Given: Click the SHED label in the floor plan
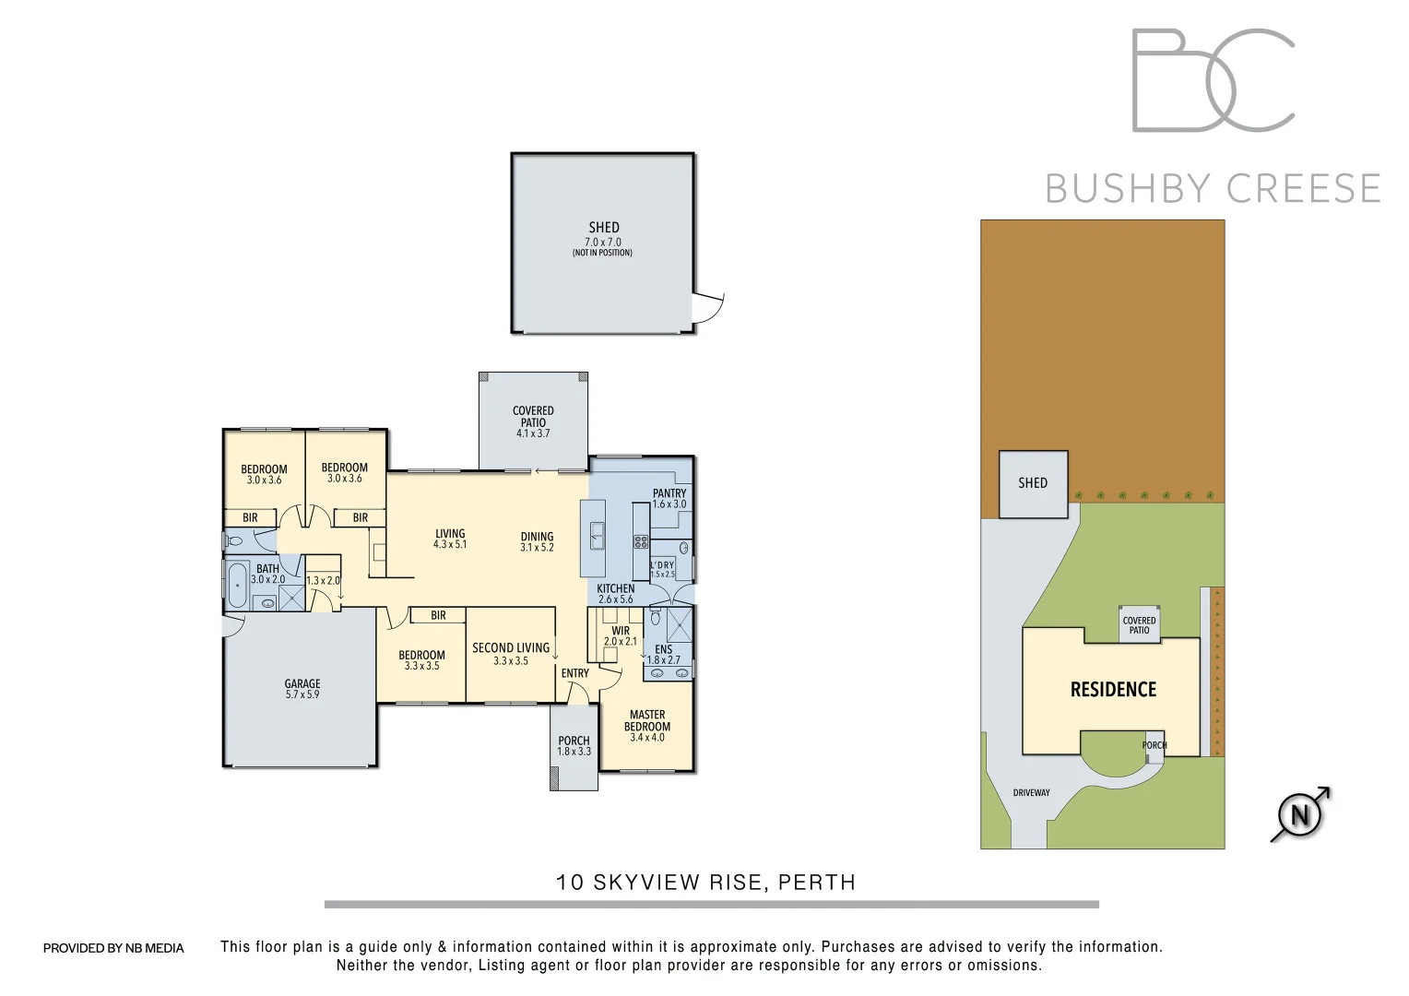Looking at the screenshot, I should click(604, 228).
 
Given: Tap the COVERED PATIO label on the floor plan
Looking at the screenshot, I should click(533, 417).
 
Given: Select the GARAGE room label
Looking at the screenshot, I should click(302, 684).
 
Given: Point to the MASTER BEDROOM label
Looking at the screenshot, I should click(647, 720).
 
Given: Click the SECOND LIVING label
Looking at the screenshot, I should click(511, 648).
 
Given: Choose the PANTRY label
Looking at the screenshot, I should click(669, 493).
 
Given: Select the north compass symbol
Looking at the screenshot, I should click(1300, 814).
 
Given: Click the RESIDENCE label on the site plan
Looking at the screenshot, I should click(1113, 690).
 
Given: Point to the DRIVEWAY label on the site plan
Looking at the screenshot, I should click(1031, 792).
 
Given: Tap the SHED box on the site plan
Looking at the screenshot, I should click(1033, 483).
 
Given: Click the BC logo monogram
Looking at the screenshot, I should click(1213, 80).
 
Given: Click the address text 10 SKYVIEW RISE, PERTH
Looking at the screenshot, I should click(705, 883).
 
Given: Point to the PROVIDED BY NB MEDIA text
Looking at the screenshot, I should click(113, 948).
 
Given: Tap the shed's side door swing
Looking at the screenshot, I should click(708, 308).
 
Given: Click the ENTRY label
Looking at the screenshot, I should click(574, 673).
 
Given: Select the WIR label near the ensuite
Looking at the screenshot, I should click(621, 631).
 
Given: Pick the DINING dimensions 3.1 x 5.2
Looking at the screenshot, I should click(537, 548).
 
